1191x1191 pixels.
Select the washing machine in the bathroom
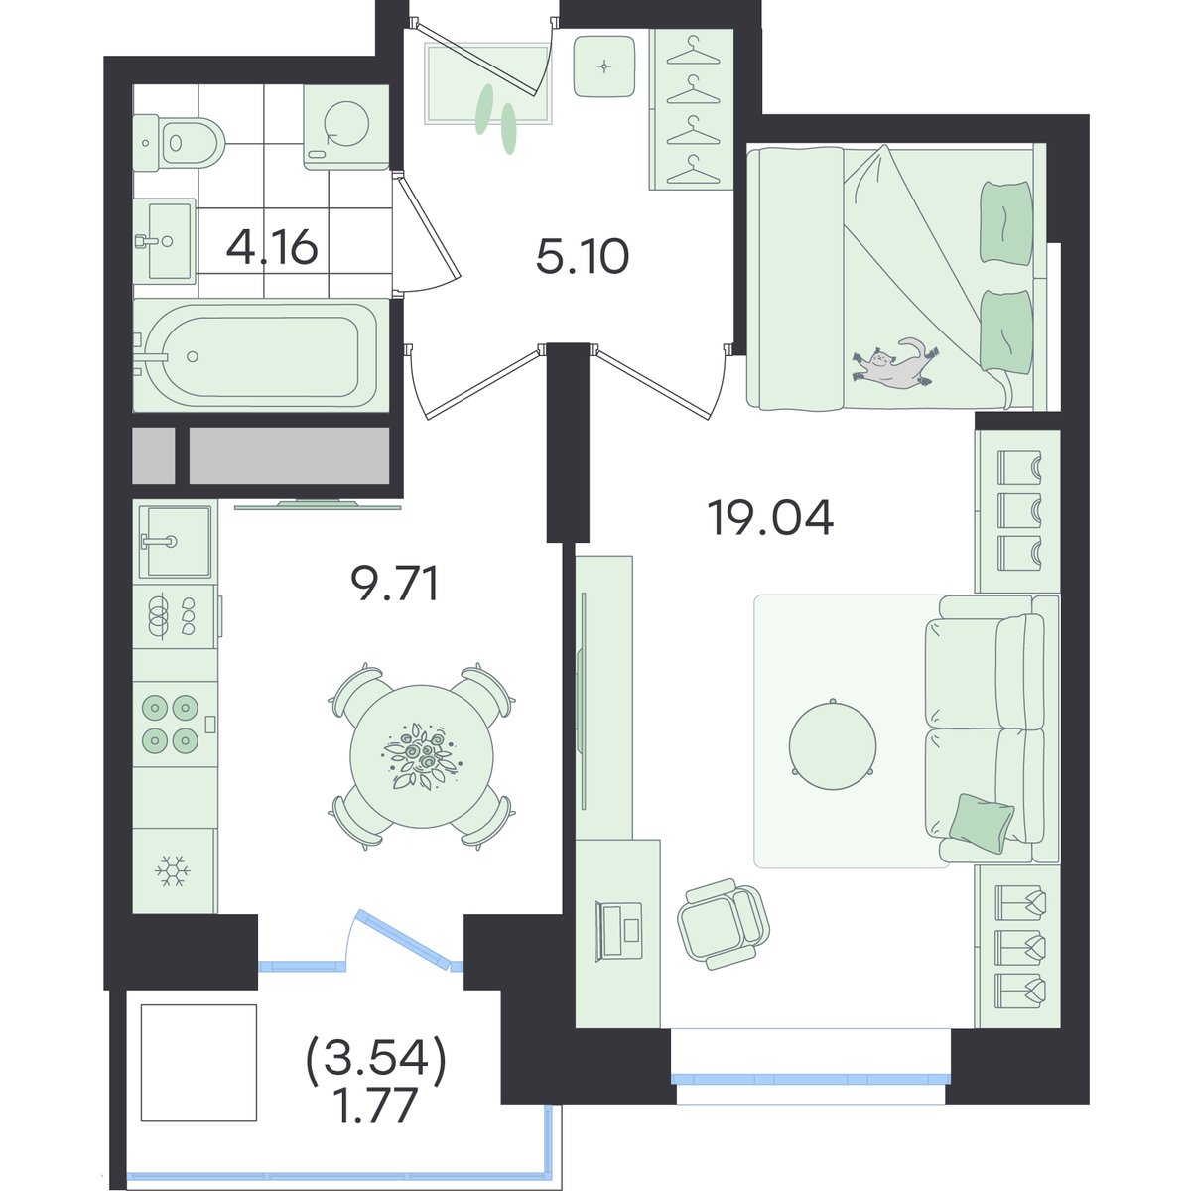point(345,127)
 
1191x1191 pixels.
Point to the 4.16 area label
point(272,248)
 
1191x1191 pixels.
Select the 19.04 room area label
point(771,518)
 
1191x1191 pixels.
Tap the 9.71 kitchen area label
point(395,584)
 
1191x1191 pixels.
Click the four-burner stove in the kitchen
point(175,724)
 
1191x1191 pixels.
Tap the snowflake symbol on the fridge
point(173,871)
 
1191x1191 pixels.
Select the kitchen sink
point(176,542)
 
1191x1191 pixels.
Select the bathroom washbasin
point(166,239)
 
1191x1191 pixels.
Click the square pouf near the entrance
point(603,66)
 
